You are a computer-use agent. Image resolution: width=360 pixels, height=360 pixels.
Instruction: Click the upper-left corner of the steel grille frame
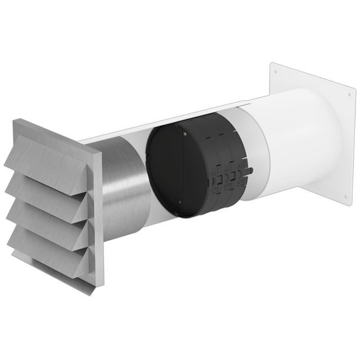point(17,121)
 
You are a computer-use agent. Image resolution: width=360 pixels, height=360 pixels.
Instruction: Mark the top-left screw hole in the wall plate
point(276,72)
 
